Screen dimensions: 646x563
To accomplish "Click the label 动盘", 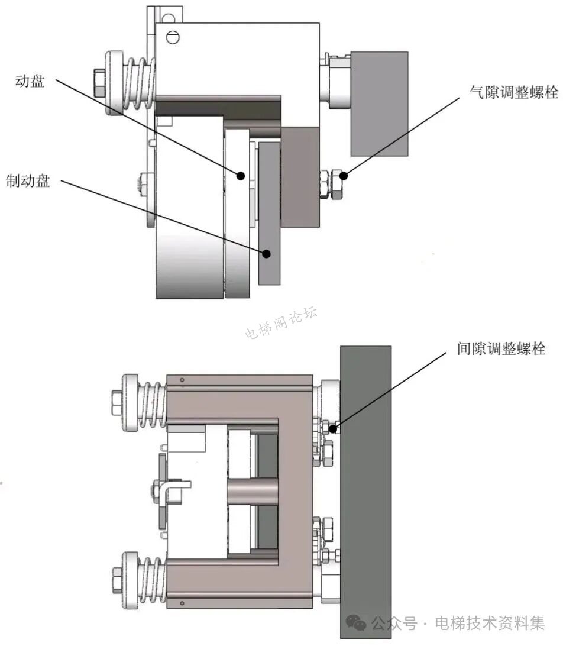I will pyautogui.click(x=30, y=82).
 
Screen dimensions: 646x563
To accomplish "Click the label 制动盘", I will pyautogui.click(x=28, y=180).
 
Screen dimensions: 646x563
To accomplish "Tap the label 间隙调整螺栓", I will pyautogui.click(x=501, y=348).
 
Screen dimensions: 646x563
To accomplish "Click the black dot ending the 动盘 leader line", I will pyautogui.click(x=241, y=175).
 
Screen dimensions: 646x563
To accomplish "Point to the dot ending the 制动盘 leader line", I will pyautogui.click(x=267, y=253).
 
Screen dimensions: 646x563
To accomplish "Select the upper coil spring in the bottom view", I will pyautogui.click(x=151, y=403).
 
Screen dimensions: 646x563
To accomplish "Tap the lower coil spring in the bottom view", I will pyautogui.click(x=151, y=578).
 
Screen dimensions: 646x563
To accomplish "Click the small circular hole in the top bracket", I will pyautogui.click(x=173, y=37).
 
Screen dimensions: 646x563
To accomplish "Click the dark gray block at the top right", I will pyautogui.click(x=379, y=104).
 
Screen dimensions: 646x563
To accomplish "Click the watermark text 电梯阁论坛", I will pyautogui.click(x=281, y=322).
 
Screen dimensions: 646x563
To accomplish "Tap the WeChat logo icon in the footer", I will pyautogui.click(x=356, y=622).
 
